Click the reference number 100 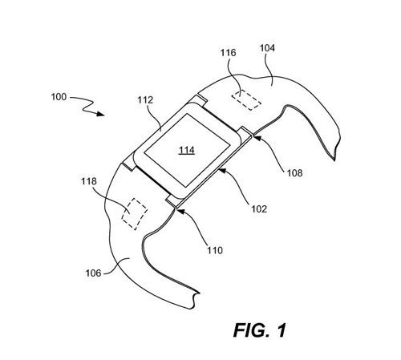point(59,97)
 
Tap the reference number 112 point(145,100)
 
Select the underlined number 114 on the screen point(187,150)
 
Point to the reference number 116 point(228,53)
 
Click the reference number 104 point(267,48)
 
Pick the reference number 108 point(295,173)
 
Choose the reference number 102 point(259,208)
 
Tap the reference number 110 point(215,250)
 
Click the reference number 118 point(89,181)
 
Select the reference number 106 point(93,273)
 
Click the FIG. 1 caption point(260,330)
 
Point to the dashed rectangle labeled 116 point(246,100)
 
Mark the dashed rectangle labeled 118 point(134,214)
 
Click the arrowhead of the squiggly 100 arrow point(101,114)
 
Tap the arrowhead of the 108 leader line point(256,138)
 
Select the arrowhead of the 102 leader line point(222,170)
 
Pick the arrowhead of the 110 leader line point(180,212)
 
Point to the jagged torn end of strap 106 point(193,299)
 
